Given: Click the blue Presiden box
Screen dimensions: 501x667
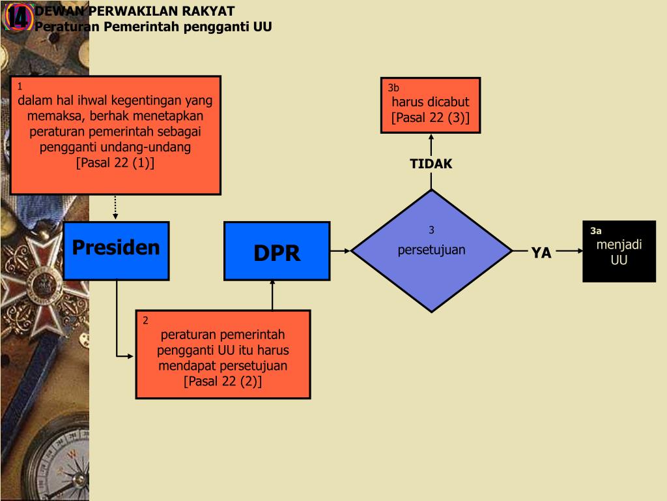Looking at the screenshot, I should tap(116, 250).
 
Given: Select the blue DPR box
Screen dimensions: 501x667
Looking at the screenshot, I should tap(277, 251).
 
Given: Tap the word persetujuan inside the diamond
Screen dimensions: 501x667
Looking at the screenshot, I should tap(431, 250).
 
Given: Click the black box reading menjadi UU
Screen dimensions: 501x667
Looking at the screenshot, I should tap(619, 252).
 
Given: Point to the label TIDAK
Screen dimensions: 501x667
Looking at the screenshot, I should tap(431, 164).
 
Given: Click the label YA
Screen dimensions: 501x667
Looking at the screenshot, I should tap(541, 253).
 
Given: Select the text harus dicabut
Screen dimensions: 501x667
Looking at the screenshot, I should tap(430, 102).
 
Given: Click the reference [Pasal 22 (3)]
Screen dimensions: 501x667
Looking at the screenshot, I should tap(430, 117).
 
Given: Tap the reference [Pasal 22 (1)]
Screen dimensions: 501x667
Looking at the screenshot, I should tap(115, 162).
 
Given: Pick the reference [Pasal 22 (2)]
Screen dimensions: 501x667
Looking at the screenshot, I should tap(223, 381).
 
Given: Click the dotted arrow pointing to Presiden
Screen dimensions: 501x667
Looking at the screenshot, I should tap(115, 207).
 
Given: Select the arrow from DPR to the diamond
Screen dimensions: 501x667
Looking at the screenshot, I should tap(341, 250).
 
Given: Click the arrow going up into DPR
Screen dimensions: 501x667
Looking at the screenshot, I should tap(272, 295).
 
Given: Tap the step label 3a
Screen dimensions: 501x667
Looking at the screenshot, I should tap(595, 231).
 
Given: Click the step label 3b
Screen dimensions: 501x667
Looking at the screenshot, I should tap(393, 87).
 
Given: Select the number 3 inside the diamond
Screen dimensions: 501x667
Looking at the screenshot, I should tap(431, 230).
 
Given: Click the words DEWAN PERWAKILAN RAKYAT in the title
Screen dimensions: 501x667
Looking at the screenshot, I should tap(135, 12).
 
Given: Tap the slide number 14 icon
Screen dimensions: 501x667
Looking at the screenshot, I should tap(18, 18).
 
